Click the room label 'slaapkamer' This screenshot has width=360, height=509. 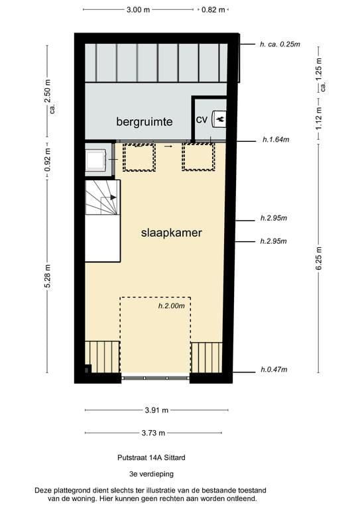tap(171, 233)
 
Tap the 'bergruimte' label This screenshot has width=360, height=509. tap(145, 122)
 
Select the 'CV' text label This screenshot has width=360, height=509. tap(202, 119)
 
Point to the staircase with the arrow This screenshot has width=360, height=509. tap(102, 199)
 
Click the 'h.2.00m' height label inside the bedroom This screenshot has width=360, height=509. tap(171, 306)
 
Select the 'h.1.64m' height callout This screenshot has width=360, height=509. tap(275, 140)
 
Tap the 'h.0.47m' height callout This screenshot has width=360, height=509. tap(275, 370)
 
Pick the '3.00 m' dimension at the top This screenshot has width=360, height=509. tap(137, 10)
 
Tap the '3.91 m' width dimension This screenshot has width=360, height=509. tap(156, 410)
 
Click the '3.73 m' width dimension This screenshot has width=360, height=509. tap(156, 433)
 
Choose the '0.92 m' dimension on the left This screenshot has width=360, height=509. tap(46, 160)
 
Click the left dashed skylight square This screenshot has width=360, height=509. tap(139, 157)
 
